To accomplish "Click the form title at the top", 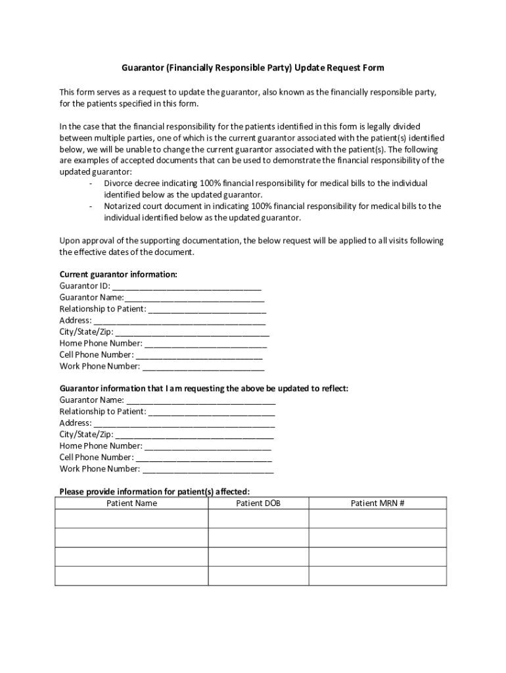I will point(253,68).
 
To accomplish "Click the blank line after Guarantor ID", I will point(187,287).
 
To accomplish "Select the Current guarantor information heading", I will point(118,274).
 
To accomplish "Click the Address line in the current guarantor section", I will point(179,321).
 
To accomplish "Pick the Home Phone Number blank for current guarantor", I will point(206,344).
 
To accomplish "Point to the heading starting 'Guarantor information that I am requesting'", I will point(204,388).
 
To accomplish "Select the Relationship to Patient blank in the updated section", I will point(212,412).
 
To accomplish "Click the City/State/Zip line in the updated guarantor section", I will point(195,435).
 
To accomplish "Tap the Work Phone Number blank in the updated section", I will point(208,469).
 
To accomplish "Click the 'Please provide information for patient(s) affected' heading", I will point(154,492).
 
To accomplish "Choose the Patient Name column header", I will point(131,503).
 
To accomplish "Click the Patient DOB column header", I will point(258,503).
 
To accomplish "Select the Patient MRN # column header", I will point(377,503).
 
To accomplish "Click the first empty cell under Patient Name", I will point(131,519).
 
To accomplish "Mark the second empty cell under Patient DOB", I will point(258,538).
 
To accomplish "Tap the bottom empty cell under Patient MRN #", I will point(377,576).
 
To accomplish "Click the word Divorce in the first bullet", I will point(119,183).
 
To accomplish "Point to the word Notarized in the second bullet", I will point(123,206).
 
